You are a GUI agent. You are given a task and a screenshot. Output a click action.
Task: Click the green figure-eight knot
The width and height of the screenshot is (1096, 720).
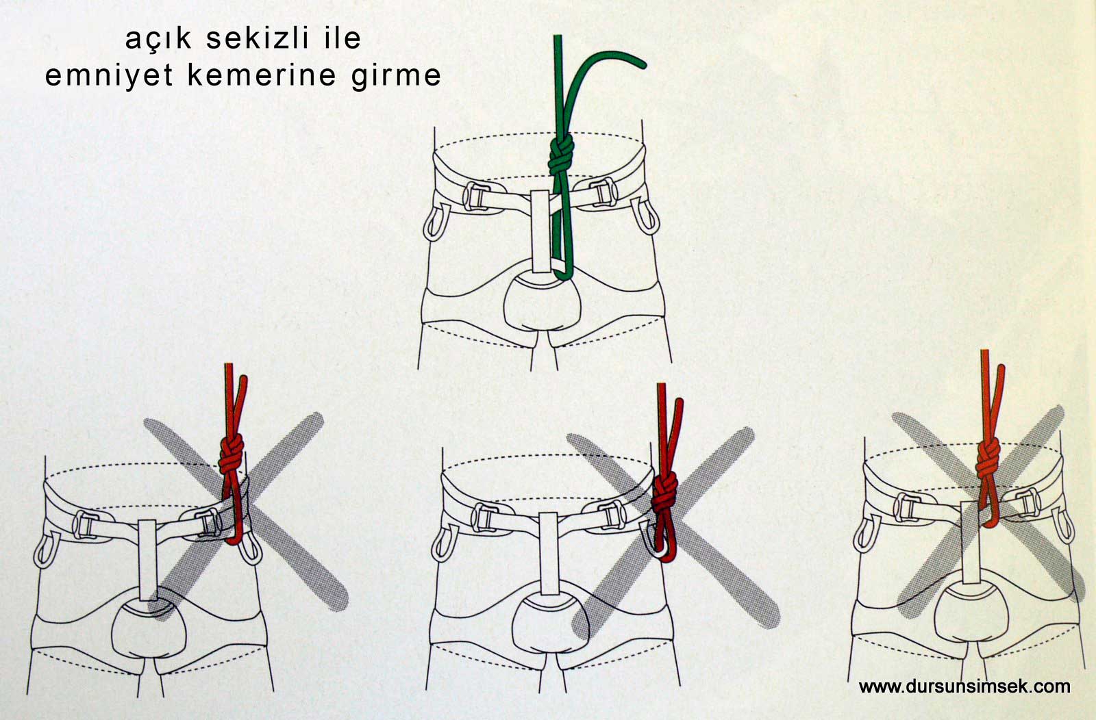coord(561,155)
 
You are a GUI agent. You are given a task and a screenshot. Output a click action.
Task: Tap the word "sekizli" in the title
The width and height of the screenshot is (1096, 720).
coord(258,38)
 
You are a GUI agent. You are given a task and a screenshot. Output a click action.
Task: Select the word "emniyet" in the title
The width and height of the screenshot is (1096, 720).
coord(109,76)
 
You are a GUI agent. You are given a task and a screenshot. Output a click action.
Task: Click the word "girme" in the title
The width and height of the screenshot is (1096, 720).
coord(397,76)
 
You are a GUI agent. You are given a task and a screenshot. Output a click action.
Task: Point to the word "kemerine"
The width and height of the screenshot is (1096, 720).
coord(262,75)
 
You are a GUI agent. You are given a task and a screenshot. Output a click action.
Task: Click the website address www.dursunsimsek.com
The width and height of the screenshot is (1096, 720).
coord(964,686)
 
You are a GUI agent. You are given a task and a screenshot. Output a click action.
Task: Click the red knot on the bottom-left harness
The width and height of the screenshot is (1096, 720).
coord(232,454)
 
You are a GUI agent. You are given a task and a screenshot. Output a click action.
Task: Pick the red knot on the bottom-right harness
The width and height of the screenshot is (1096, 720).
coord(988,459)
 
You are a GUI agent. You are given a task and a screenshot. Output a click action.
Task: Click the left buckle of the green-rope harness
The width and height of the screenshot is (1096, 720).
coord(476,196)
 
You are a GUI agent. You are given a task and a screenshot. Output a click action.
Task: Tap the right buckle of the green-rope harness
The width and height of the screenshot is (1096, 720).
coord(603,192)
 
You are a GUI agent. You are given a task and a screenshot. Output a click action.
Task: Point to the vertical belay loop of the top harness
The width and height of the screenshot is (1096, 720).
coord(541,231)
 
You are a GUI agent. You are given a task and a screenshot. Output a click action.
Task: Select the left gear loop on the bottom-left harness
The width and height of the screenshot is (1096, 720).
coord(47,550)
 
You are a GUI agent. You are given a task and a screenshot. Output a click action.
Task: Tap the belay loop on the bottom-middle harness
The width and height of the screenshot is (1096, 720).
coord(549,553)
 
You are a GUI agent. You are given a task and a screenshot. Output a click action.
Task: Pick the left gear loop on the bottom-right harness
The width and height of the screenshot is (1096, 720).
coord(866,535)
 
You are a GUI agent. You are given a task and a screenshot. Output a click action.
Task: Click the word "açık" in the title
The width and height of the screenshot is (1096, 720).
coord(158,40)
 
